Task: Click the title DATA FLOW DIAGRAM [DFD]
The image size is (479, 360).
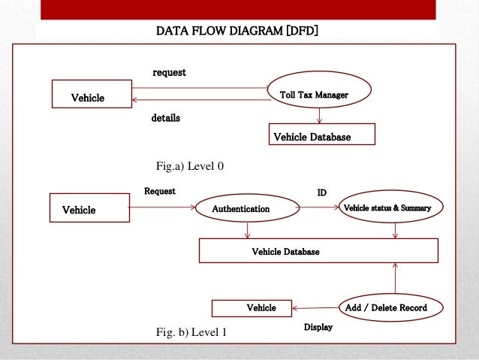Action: [237, 32]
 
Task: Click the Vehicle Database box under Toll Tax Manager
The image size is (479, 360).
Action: [321, 135]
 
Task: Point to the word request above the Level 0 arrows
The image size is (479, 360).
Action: [169, 72]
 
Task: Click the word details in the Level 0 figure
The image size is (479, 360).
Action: [166, 119]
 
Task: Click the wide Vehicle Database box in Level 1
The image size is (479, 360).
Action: [318, 251]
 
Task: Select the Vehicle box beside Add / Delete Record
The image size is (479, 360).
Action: [252, 308]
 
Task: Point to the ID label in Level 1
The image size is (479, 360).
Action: [321, 192]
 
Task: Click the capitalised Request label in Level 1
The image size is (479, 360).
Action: [160, 191]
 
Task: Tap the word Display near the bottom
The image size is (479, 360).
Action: [318, 328]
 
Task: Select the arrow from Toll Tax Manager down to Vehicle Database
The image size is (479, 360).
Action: [320, 116]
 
